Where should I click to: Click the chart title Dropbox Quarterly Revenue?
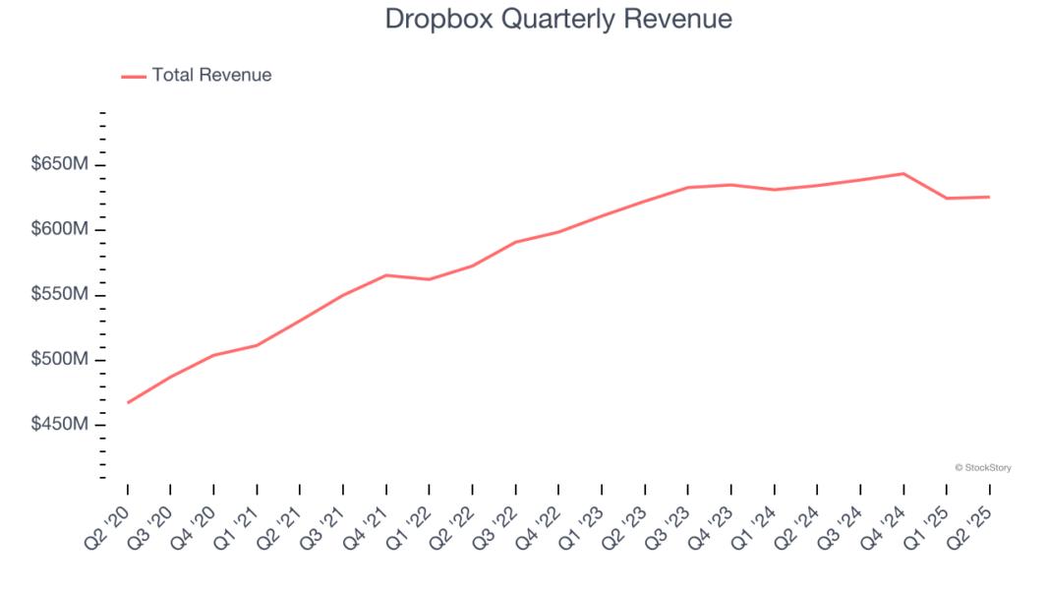point(558,19)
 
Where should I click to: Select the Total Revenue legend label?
point(211,75)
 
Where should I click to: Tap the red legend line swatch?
point(134,76)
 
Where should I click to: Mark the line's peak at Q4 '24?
point(903,173)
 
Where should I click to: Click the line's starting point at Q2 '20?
point(128,402)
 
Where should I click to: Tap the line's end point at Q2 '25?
point(989,197)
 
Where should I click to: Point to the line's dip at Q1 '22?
point(430,279)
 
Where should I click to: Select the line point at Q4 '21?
point(386,275)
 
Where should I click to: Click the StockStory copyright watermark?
point(982,468)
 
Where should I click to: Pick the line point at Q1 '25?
point(947,198)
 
